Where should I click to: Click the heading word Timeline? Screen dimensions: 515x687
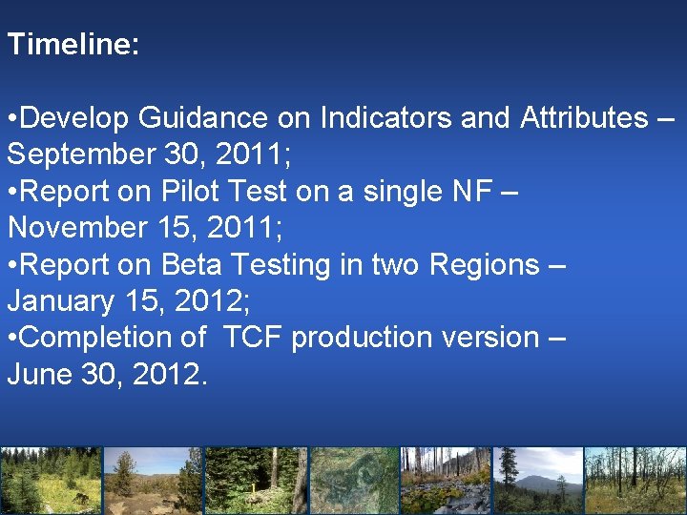(73, 45)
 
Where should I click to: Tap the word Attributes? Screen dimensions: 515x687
(583, 118)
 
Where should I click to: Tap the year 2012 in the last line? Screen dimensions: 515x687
(168, 374)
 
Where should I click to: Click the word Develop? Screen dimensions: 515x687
(74, 118)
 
